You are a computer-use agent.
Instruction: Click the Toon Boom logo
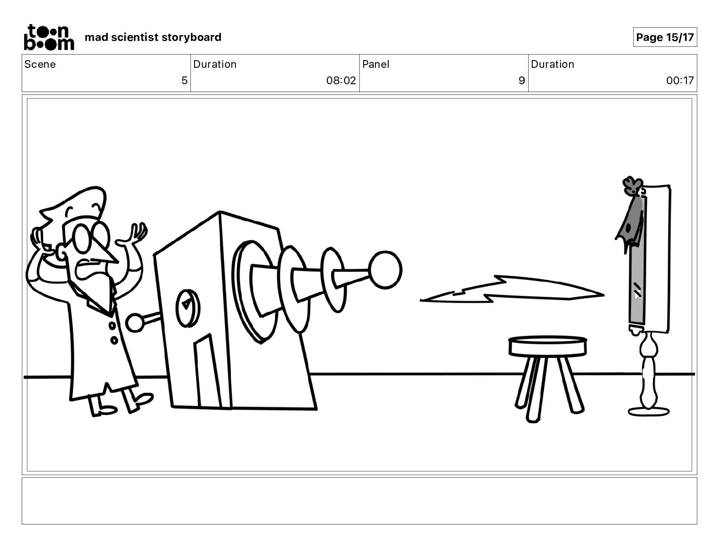pos(49,37)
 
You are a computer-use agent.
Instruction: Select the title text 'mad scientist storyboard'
pos(153,37)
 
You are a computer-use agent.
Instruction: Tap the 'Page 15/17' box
pos(665,37)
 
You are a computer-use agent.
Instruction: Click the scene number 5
pos(184,80)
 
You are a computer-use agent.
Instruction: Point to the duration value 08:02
pos(341,80)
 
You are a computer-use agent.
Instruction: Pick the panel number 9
pos(521,80)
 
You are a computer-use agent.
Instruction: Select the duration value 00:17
pos(680,80)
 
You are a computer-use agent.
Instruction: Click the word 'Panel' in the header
pos(375,64)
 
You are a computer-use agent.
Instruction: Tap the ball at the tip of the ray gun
pos(385,270)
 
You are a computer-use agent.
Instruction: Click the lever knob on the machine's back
pos(135,323)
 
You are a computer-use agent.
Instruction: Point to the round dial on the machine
pos(188,308)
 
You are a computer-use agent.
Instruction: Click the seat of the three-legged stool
pos(547,346)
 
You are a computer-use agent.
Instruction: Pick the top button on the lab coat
pos(112,326)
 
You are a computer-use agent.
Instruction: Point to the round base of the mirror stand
pos(649,412)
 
